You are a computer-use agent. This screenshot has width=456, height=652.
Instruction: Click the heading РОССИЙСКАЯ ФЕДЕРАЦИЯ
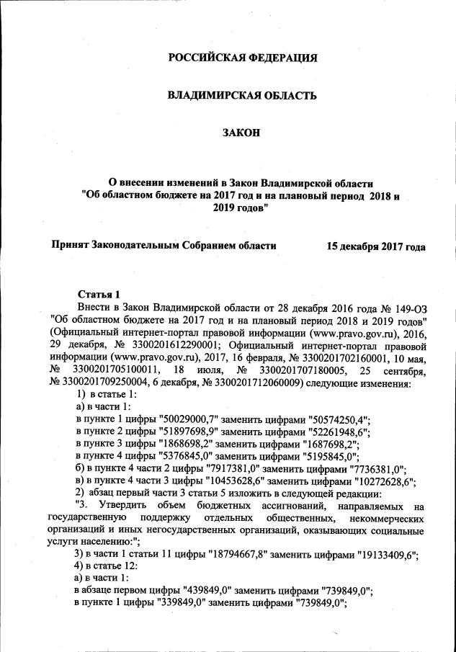242,58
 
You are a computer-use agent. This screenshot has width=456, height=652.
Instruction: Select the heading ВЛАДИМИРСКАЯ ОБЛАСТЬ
242,95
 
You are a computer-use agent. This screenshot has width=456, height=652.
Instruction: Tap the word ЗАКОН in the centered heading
242,133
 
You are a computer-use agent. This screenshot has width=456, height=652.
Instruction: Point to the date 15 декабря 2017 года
375,246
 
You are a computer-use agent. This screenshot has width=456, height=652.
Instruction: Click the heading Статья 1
98,294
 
